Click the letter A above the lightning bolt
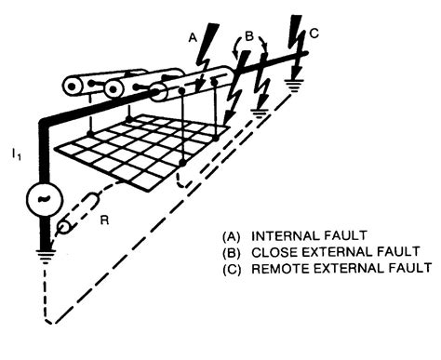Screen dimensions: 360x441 click(x=192, y=37)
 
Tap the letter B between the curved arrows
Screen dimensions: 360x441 click(x=249, y=38)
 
